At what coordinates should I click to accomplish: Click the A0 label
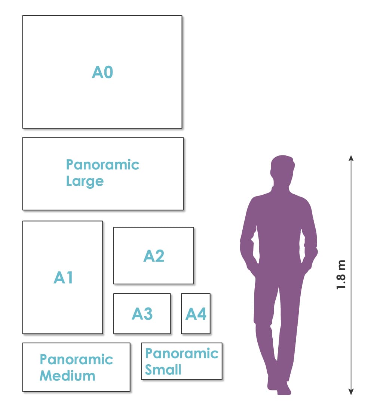click(x=102, y=72)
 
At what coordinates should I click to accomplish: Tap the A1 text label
click(x=63, y=277)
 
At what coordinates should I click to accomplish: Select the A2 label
click(x=154, y=256)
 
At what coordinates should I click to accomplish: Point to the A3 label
click(x=142, y=314)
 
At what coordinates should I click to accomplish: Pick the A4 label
click(x=196, y=314)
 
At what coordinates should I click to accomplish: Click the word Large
click(x=85, y=181)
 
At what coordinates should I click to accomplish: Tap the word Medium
click(x=67, y=376)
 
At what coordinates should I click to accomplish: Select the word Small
click(x=163, y=370)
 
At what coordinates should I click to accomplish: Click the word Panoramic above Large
click(x=102, y=165)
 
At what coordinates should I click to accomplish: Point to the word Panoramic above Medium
click(x=76, y=359)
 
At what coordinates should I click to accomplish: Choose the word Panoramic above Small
click(x=182, y=353)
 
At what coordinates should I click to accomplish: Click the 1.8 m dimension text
click(x=341, y=275)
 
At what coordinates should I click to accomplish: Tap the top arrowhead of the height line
click(x=351, y=158)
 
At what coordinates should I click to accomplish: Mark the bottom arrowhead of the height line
click(x=351, y=392)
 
